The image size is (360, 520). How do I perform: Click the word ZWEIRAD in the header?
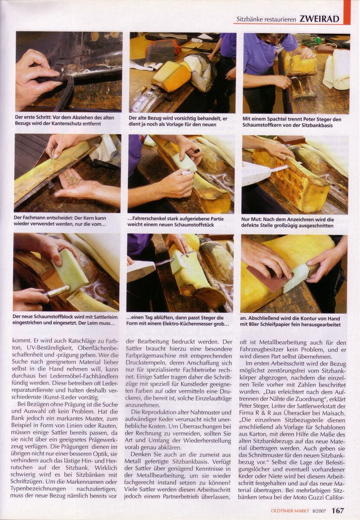pyautogui.click(x=319, y=19)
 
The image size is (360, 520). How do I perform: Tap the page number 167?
pyautogui.click(x=338, y=510)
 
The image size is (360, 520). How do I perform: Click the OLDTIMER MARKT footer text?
pyautogui.click(x=290, y=511)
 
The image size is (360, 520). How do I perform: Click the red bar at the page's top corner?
pyautogui.click(x=347, y=12)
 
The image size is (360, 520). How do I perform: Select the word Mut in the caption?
pyautogui.click(x=257, y=219)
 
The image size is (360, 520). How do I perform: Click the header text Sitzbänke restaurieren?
pyautogui.click(x=266, y=19)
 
